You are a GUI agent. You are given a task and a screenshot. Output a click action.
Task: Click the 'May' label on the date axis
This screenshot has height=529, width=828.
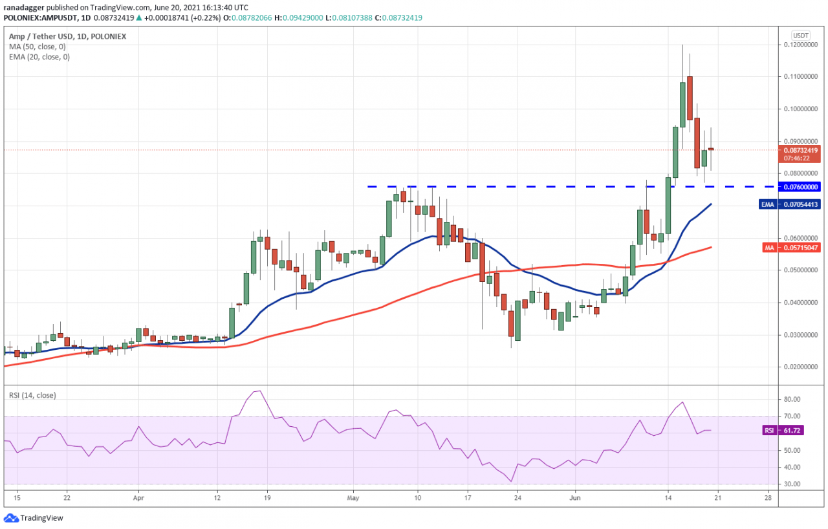(353, 499)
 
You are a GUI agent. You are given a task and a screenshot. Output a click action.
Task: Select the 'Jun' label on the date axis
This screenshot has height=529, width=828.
(574, 499)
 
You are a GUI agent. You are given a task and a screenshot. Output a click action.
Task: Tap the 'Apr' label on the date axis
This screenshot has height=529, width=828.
(137, 499)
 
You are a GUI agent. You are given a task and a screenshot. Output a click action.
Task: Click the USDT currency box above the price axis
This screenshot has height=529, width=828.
(801, 35)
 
